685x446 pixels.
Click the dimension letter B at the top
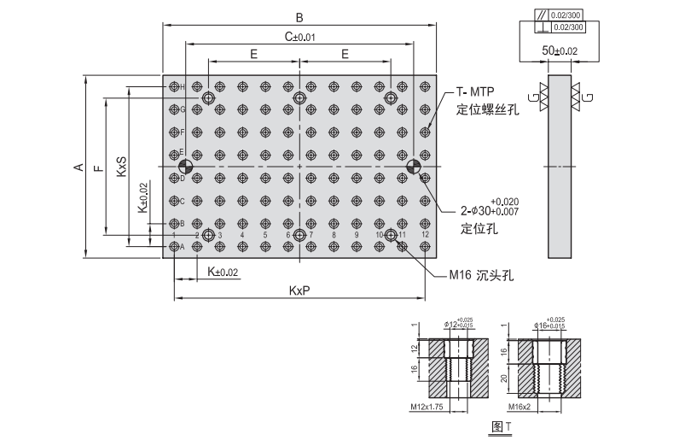299,16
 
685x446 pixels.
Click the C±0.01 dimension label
299,37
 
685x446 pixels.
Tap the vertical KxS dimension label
121,162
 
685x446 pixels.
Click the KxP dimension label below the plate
299,290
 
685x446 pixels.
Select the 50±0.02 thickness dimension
560,52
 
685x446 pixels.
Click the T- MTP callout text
476,91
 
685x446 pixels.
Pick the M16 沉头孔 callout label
481,275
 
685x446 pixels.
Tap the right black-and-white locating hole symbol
413,166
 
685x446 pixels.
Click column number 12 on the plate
425,234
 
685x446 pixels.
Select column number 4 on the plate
243,234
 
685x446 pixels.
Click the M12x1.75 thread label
426,408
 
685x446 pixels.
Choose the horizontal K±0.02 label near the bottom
220,272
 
